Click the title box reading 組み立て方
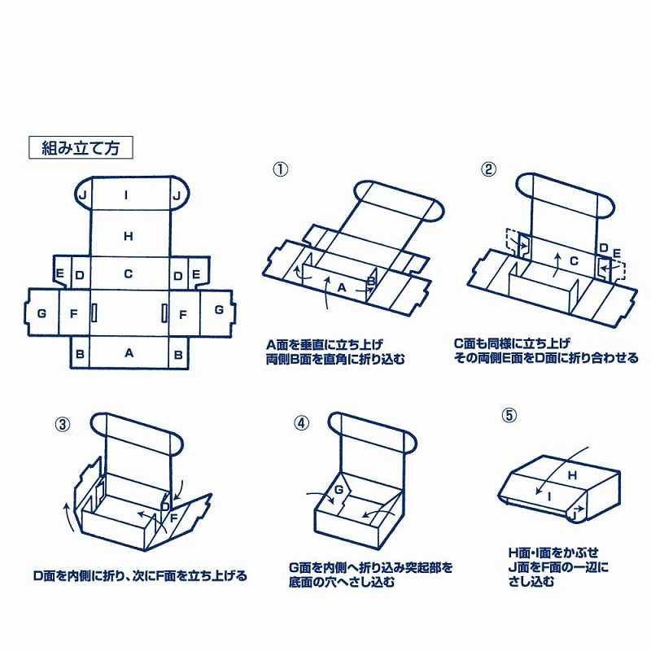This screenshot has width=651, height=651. click(x=80, y=148)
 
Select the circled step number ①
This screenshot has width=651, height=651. click(x=280, y=169)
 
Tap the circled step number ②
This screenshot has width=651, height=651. click(x=488, y=169)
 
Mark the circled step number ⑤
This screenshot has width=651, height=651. click(x=509, y=415)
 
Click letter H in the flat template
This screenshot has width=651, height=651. click(x=128, y=237)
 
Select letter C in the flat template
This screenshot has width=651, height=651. click(x=128, y=274)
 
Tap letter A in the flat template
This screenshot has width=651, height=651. click(x=128, y=353)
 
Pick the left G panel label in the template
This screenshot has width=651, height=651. click(x=42, y=312)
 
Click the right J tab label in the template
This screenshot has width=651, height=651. click(x=176, y=195)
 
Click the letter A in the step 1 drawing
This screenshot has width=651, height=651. click(x=342, y=287)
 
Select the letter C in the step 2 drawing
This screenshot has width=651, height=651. click(x=572, y=261)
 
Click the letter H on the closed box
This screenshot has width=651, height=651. click(x=571, y=474)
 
